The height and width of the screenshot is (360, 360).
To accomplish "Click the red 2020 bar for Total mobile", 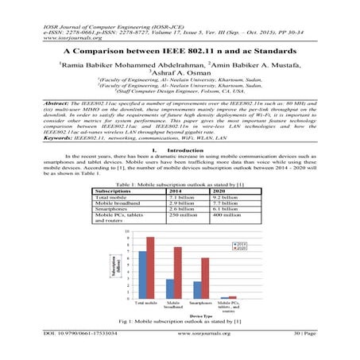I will coord(150,268).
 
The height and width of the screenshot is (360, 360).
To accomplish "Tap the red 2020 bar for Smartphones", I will coord(205,278).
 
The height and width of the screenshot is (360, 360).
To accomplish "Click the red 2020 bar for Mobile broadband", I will coord(178,273).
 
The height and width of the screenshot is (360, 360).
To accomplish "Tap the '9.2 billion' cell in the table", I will coord(225,198).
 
